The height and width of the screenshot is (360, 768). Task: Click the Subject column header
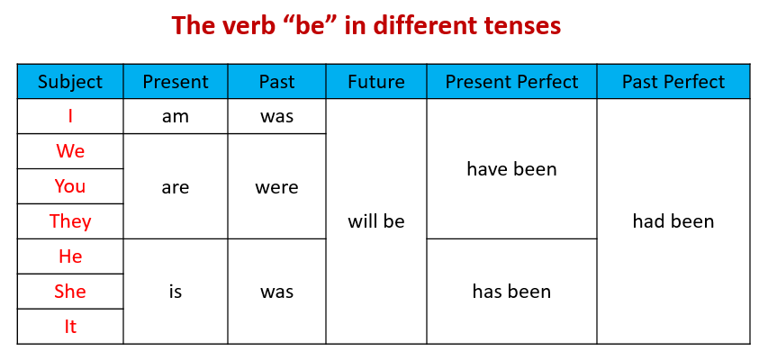pyautogui.click(x=70, y=81)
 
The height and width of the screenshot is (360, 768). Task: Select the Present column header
pyautogui.click(x=176, y=81)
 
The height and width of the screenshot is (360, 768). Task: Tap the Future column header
pyautogui.click(x=376, y=81)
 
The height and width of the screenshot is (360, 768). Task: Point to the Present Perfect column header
pyautogui.click(x=511, y=81)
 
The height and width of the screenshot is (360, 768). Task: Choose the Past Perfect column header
pyautogui.click(x=673, y=81)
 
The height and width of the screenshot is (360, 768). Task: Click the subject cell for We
pyautogui.click(x=70, y=151)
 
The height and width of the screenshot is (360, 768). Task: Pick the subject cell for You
pyautogui.click(x=70, y=186)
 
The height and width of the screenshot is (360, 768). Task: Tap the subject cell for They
pyautogui.click(x=70, y=221)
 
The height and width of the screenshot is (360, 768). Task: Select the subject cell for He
pyautogui.click(x=70, y=256)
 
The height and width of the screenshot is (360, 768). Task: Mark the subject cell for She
pyautogui.click(x=70, y=292)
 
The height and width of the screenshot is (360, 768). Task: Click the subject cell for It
pyautogui.click(x=70, y=326)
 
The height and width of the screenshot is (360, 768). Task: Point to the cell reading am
pyautogui.click(x=176, y=116)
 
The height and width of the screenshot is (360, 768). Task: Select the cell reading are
pyautogui.click(x=176, y=186)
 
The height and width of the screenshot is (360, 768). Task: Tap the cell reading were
pyautogui.click(x=276, y=186)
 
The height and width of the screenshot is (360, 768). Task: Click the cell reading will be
pyautogui.click(x=376, y=221)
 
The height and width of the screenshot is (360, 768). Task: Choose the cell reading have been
pyautogui.click(x=511, y=169)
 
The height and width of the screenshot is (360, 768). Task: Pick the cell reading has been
pyautogui.click(x=511, y=292)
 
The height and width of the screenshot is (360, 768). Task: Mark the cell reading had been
pyautogui.click(x=673, y=221)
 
